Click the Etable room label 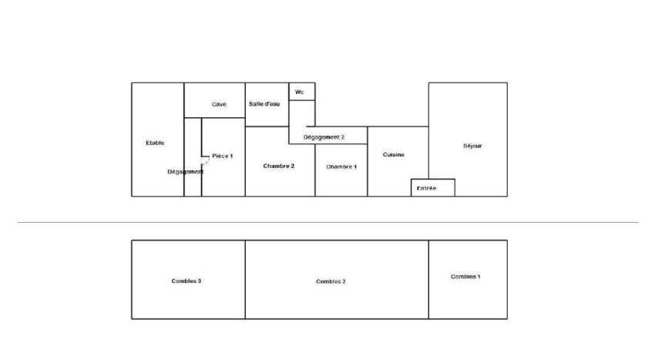click(x=155, y=143)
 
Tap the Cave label click(x=219, y=104)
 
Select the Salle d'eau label click(x=264, y=104)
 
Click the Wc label click(x=299, y=92)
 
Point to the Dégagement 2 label click(x=324, y=137)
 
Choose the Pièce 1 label click(x=223, y=156)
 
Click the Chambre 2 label click(x=279, y=166)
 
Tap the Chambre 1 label click(x=341, y=167)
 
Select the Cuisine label click(x=394, y=155)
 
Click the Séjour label click(x=472, y=146)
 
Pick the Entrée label click(x=426, y=188)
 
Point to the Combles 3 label click(x=187, y=281)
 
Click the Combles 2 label click(x=331, y=281)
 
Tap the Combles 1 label click(x=465, y=277)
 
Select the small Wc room click(x=302, y=92)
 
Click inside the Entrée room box click(x=433, y=188)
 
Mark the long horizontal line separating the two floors click(x=328, y=222)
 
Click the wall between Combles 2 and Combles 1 click(x=428, y=280)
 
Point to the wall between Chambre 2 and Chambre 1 click(x=315, y=170)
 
